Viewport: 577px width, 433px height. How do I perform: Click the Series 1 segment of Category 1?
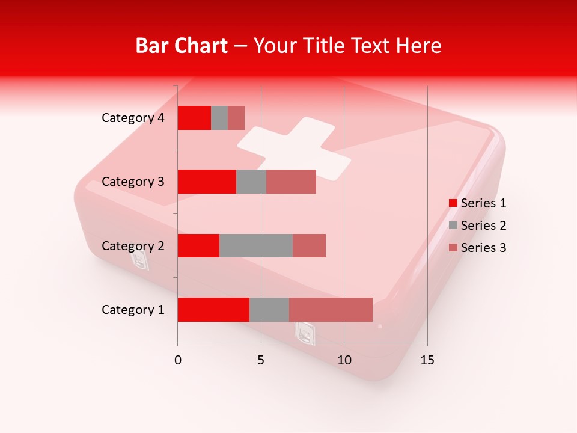213,310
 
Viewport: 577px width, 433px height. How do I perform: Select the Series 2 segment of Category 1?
269,310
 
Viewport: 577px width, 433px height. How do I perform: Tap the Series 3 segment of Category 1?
331,310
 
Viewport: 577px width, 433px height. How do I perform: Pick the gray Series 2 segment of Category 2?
256,245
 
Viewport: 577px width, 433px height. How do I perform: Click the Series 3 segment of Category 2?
309,245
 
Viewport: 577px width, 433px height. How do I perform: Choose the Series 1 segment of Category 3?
207,182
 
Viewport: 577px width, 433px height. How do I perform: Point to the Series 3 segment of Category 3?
291,182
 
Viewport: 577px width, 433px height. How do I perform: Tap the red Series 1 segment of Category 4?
194,118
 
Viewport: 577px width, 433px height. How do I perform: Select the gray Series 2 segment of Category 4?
219,118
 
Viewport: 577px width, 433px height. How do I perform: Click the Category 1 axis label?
133,310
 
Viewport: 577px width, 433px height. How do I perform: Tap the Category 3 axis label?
133,182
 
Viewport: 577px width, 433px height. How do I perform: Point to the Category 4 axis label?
133,118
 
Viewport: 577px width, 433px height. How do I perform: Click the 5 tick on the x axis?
261,360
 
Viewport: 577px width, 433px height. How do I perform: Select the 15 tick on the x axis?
427,360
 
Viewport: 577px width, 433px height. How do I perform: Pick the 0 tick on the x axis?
178,360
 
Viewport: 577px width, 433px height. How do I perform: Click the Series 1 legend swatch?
453,203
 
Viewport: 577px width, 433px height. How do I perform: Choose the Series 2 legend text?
484,226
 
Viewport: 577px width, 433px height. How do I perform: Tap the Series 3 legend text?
484,248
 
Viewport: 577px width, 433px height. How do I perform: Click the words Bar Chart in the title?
182,46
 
